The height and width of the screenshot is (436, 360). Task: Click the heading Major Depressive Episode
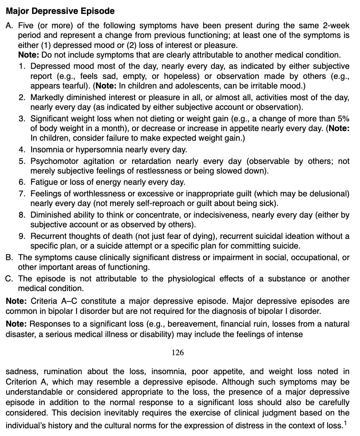pyautogui.click(x=60, y=11)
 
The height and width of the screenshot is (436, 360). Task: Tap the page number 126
pyautogui.click(x=178, y=353)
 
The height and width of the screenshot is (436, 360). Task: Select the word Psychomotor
pyautogui.click(x=54, y=161)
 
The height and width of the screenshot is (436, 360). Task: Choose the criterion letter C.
pyautogui.click(x=9, y=279)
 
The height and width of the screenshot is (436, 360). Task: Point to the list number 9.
pyautogui.click(x=22, y=236)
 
